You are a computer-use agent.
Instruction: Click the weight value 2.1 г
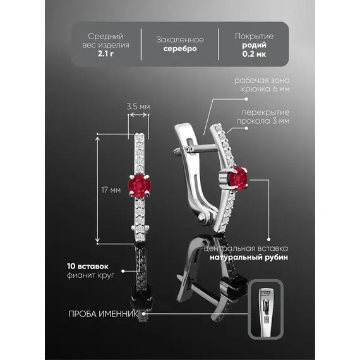click(x=105, y=54)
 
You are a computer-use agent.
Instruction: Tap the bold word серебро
click(x=180, y=49)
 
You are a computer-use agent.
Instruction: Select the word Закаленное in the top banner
click(x=180, y=40)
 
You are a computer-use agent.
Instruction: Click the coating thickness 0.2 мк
click(x=254, y=54)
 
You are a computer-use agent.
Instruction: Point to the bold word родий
click(x=254, y=45)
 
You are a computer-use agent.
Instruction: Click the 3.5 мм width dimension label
click(x=138, y=107)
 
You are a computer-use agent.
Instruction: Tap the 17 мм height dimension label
click(x=111, y=190)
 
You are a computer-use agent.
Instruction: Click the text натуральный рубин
click(x=249, y=258)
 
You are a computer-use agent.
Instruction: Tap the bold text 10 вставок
click(x=88, y=267)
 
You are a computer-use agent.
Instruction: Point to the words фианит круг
click(x=90, y=275)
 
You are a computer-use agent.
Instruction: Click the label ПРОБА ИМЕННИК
click(x=103, y=314)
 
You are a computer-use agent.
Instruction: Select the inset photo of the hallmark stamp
click(x=266, y=309)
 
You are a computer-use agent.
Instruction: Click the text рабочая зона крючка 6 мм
click(x=262, y=85)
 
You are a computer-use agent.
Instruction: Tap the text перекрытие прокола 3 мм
click(x=263, y=117)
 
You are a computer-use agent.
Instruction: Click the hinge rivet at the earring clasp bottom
click(x=203, y=217)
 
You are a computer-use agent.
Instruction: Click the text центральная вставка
click(x=246, y=248)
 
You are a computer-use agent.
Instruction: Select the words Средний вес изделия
click(x=105, y=40)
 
